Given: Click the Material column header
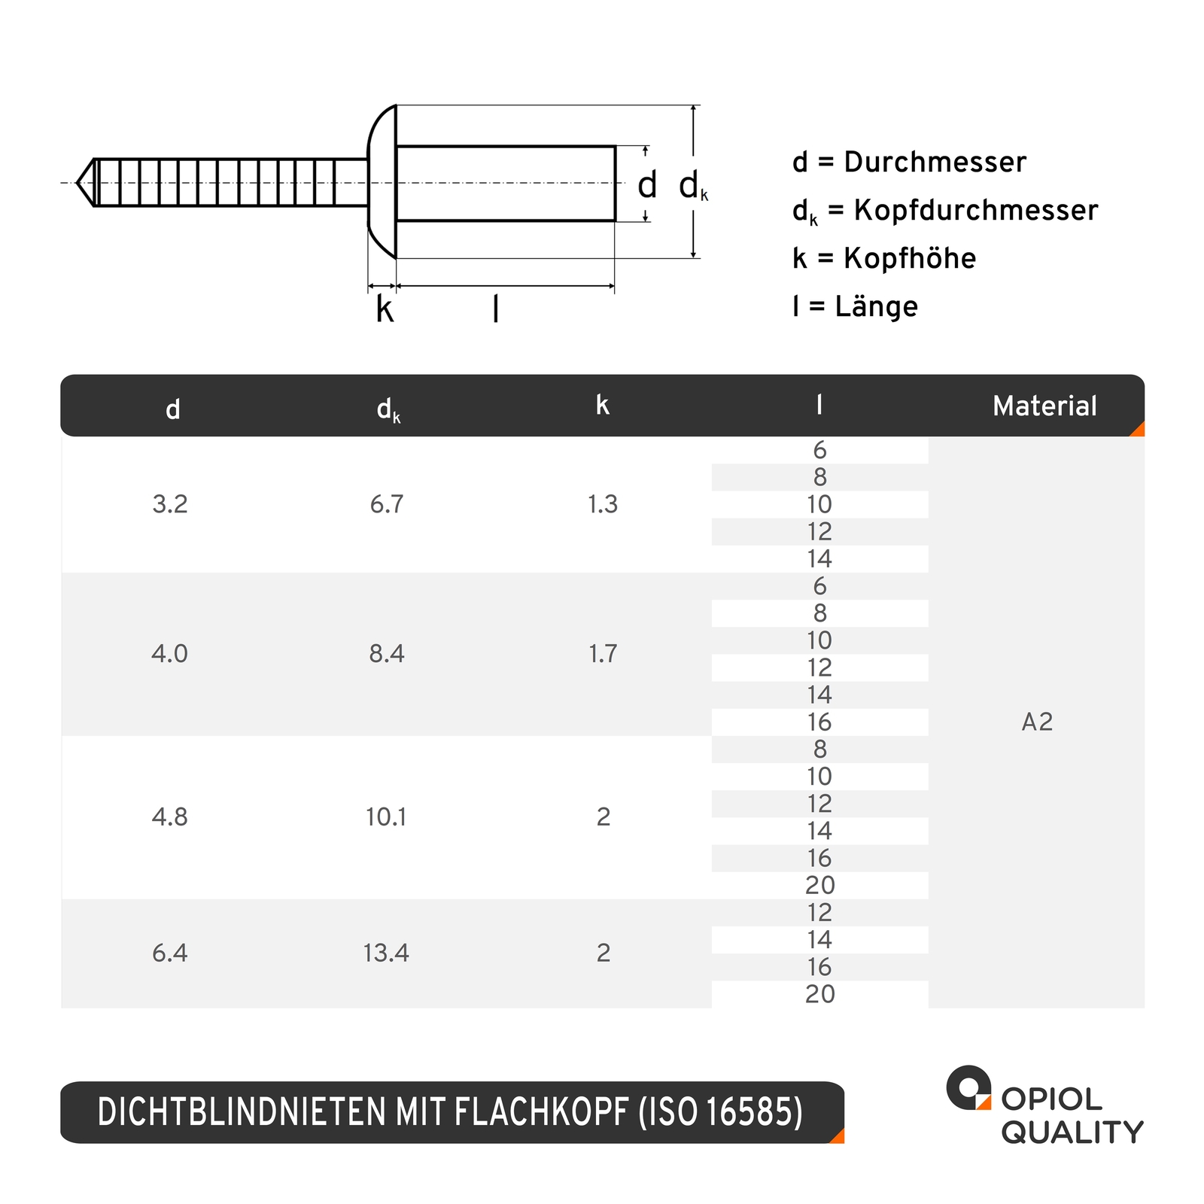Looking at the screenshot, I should pyautogui.click(x=1044, y=406).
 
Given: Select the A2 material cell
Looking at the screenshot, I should pyautogui.click(x=1036, y=722).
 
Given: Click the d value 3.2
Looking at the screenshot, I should pyautogui.click(x=169, y=504).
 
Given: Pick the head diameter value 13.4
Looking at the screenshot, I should pyautogui.click(x=385, y=953).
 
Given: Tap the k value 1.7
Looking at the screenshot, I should pyautogui.click(x=603, y=654).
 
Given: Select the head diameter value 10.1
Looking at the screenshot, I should pyautogui.click(x=385, y=817).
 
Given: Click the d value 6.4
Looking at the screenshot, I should pyautogui.click(x=169, y=953).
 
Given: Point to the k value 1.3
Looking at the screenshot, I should pyautogui.click(x=603, y=504).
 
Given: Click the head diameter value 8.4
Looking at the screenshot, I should pyautogui.click(x=386, y=654).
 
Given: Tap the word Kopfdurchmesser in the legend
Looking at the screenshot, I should pyautogui.click(x=975, y=211).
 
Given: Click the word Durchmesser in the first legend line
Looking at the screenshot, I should pyautogui.click(x=935, y=163).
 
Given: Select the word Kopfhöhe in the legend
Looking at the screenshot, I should pyautogui.click(x=909, y=259).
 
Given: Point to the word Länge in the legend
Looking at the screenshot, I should pyautogui.click(x=876, y=307).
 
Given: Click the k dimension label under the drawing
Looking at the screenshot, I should pyautogui.click(x=385, y=309).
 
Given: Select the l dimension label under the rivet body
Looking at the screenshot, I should pyautogui.click(x=495, y=309).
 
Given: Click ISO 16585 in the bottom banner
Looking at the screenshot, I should pyautogui.click(x=720, y=1113).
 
